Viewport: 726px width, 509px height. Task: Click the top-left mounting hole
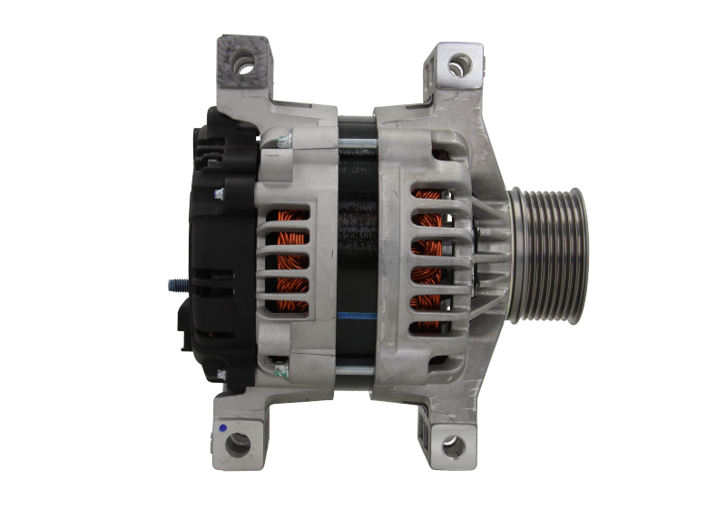click(x=242, y=64)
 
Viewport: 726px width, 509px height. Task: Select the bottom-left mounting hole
click(x=238, y=445)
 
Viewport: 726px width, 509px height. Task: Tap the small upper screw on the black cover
click(x=218, y=193)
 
